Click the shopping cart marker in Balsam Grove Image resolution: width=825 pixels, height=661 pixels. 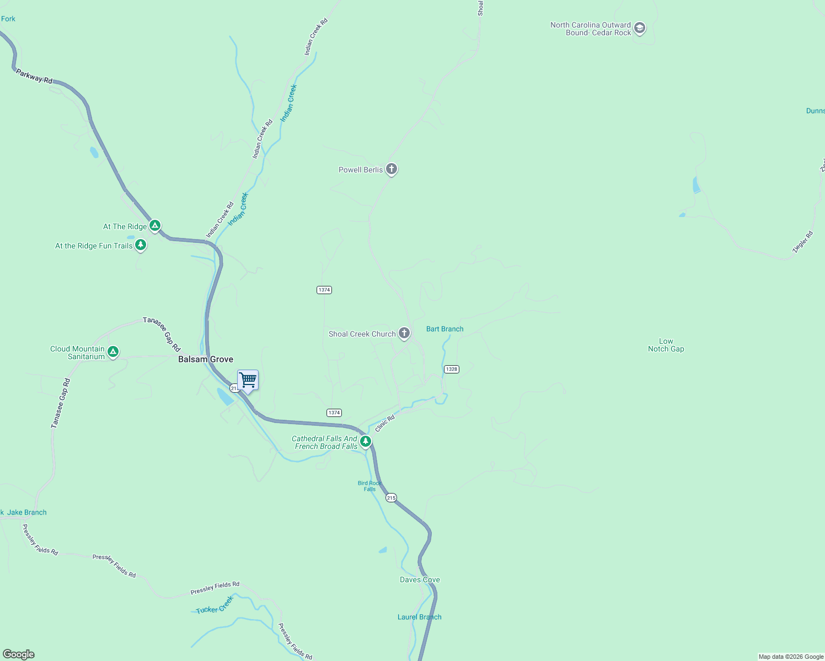248,380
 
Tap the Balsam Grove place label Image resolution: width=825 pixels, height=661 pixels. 206,359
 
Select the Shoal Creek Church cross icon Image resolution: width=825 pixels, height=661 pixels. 404,333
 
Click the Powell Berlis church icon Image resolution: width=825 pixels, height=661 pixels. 392,169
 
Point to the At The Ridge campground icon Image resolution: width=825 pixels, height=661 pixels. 156,225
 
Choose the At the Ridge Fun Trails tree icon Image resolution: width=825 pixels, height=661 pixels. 141,245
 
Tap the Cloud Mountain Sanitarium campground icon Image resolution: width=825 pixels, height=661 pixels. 113,351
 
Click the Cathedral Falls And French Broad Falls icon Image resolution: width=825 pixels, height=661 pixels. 365,441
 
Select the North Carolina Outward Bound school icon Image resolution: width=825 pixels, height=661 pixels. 640,28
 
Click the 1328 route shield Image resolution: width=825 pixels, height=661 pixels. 452,369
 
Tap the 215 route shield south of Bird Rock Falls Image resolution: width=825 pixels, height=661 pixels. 391,498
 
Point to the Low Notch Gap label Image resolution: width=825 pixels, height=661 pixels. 666,345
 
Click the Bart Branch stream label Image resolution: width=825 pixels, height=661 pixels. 445,329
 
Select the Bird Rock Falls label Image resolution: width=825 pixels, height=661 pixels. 369,486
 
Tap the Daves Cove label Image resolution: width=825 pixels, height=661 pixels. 420,579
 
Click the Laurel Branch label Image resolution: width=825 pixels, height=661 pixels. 420,617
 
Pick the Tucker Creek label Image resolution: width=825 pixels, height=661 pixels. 215,606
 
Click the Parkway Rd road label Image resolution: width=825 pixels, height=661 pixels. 34,77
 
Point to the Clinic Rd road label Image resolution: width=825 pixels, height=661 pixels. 385,424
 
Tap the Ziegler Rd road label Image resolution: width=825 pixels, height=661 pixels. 803,242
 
